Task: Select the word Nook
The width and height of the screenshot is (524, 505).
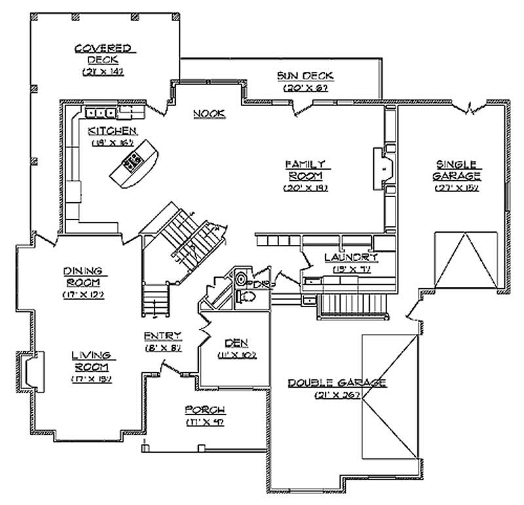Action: coord(209,114)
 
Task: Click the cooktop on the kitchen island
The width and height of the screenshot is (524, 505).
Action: coord(134,160)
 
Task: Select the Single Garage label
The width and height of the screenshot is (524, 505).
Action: coord(457,170)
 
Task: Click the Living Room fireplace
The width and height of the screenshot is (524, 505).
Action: coord(29,369)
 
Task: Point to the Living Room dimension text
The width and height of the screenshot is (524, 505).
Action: coord(90,379)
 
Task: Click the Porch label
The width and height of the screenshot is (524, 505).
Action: coord(205,410)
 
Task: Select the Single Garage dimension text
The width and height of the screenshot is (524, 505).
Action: coord(457,188)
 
